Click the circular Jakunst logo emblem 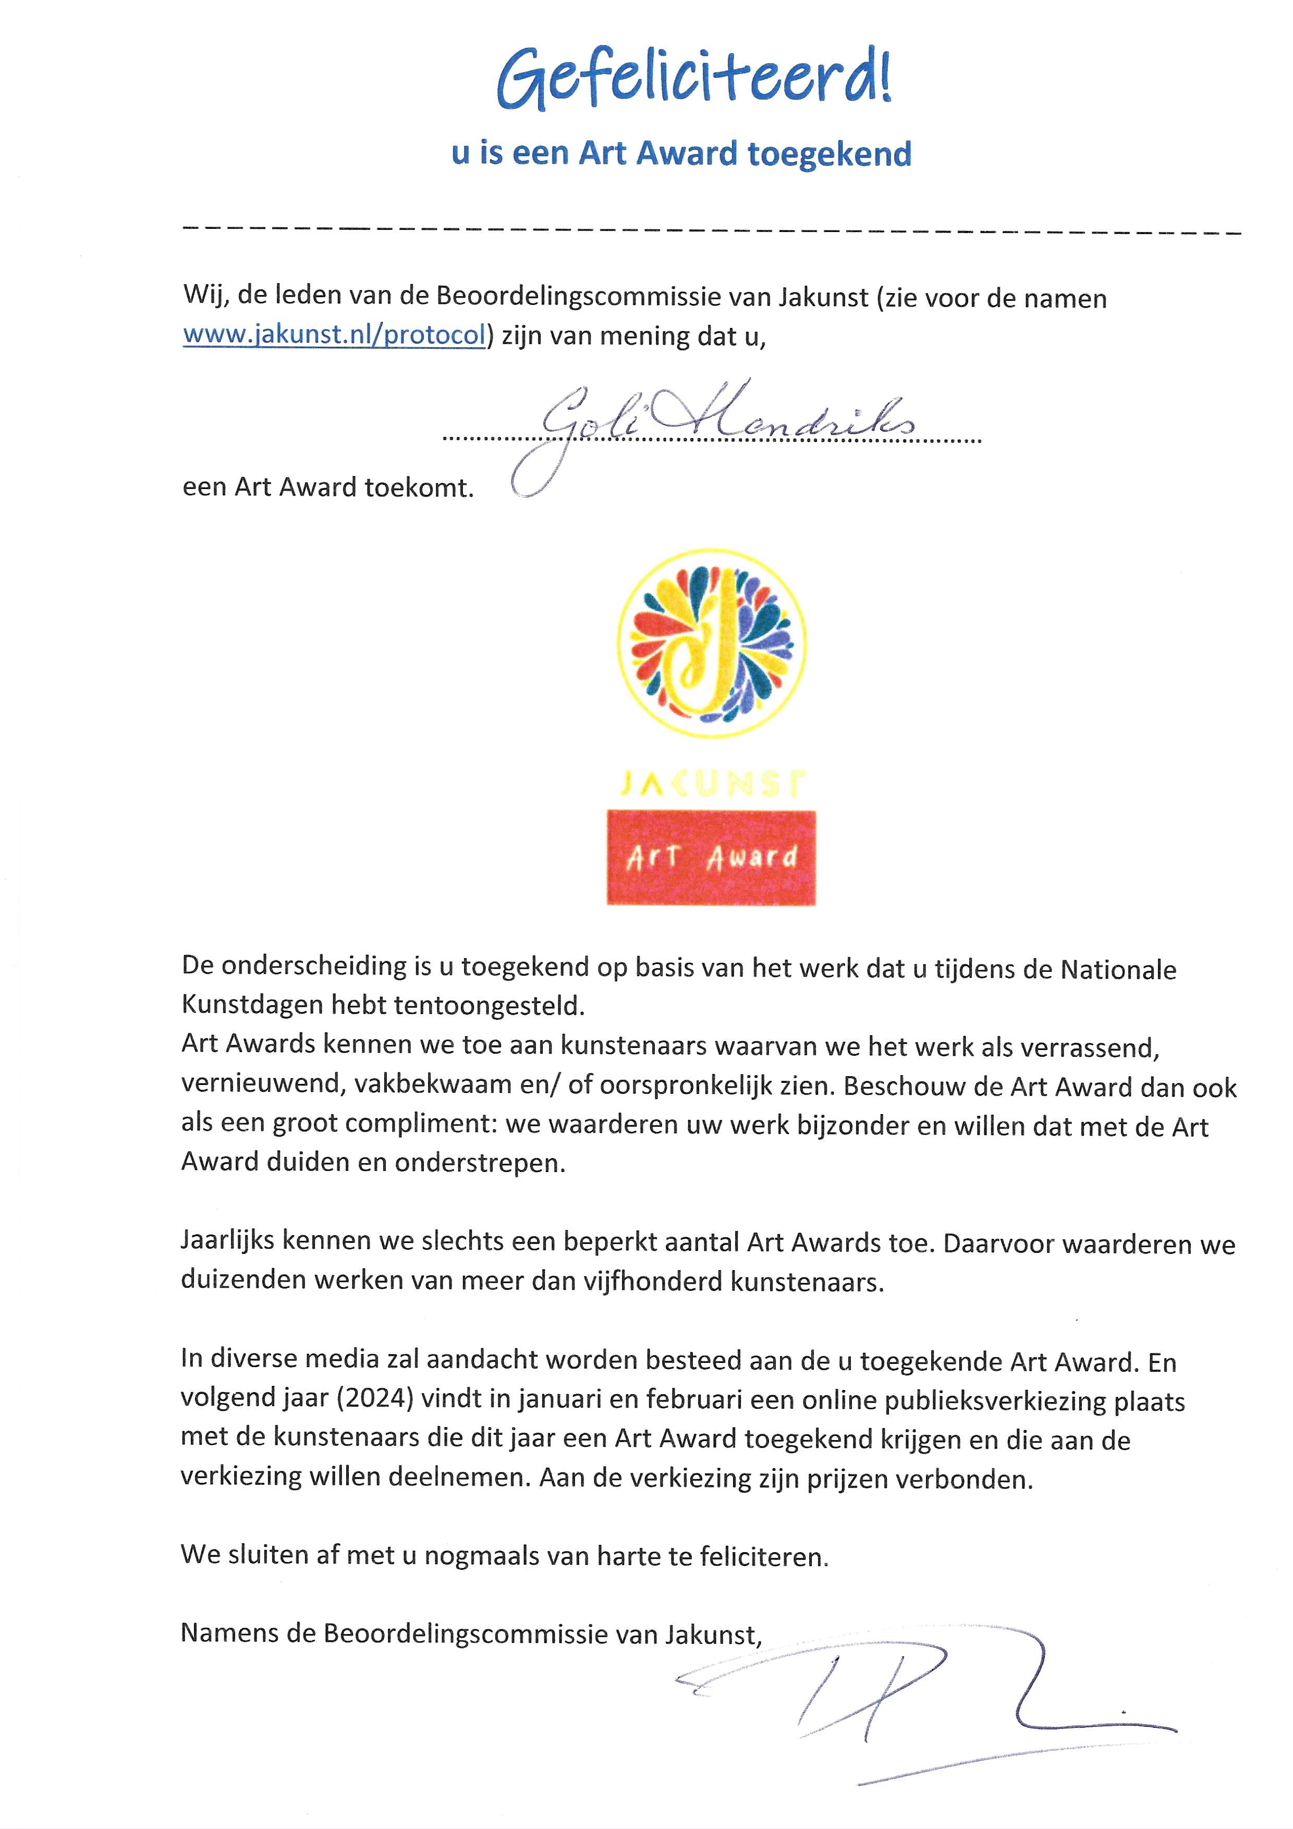(x=712, y=643)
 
